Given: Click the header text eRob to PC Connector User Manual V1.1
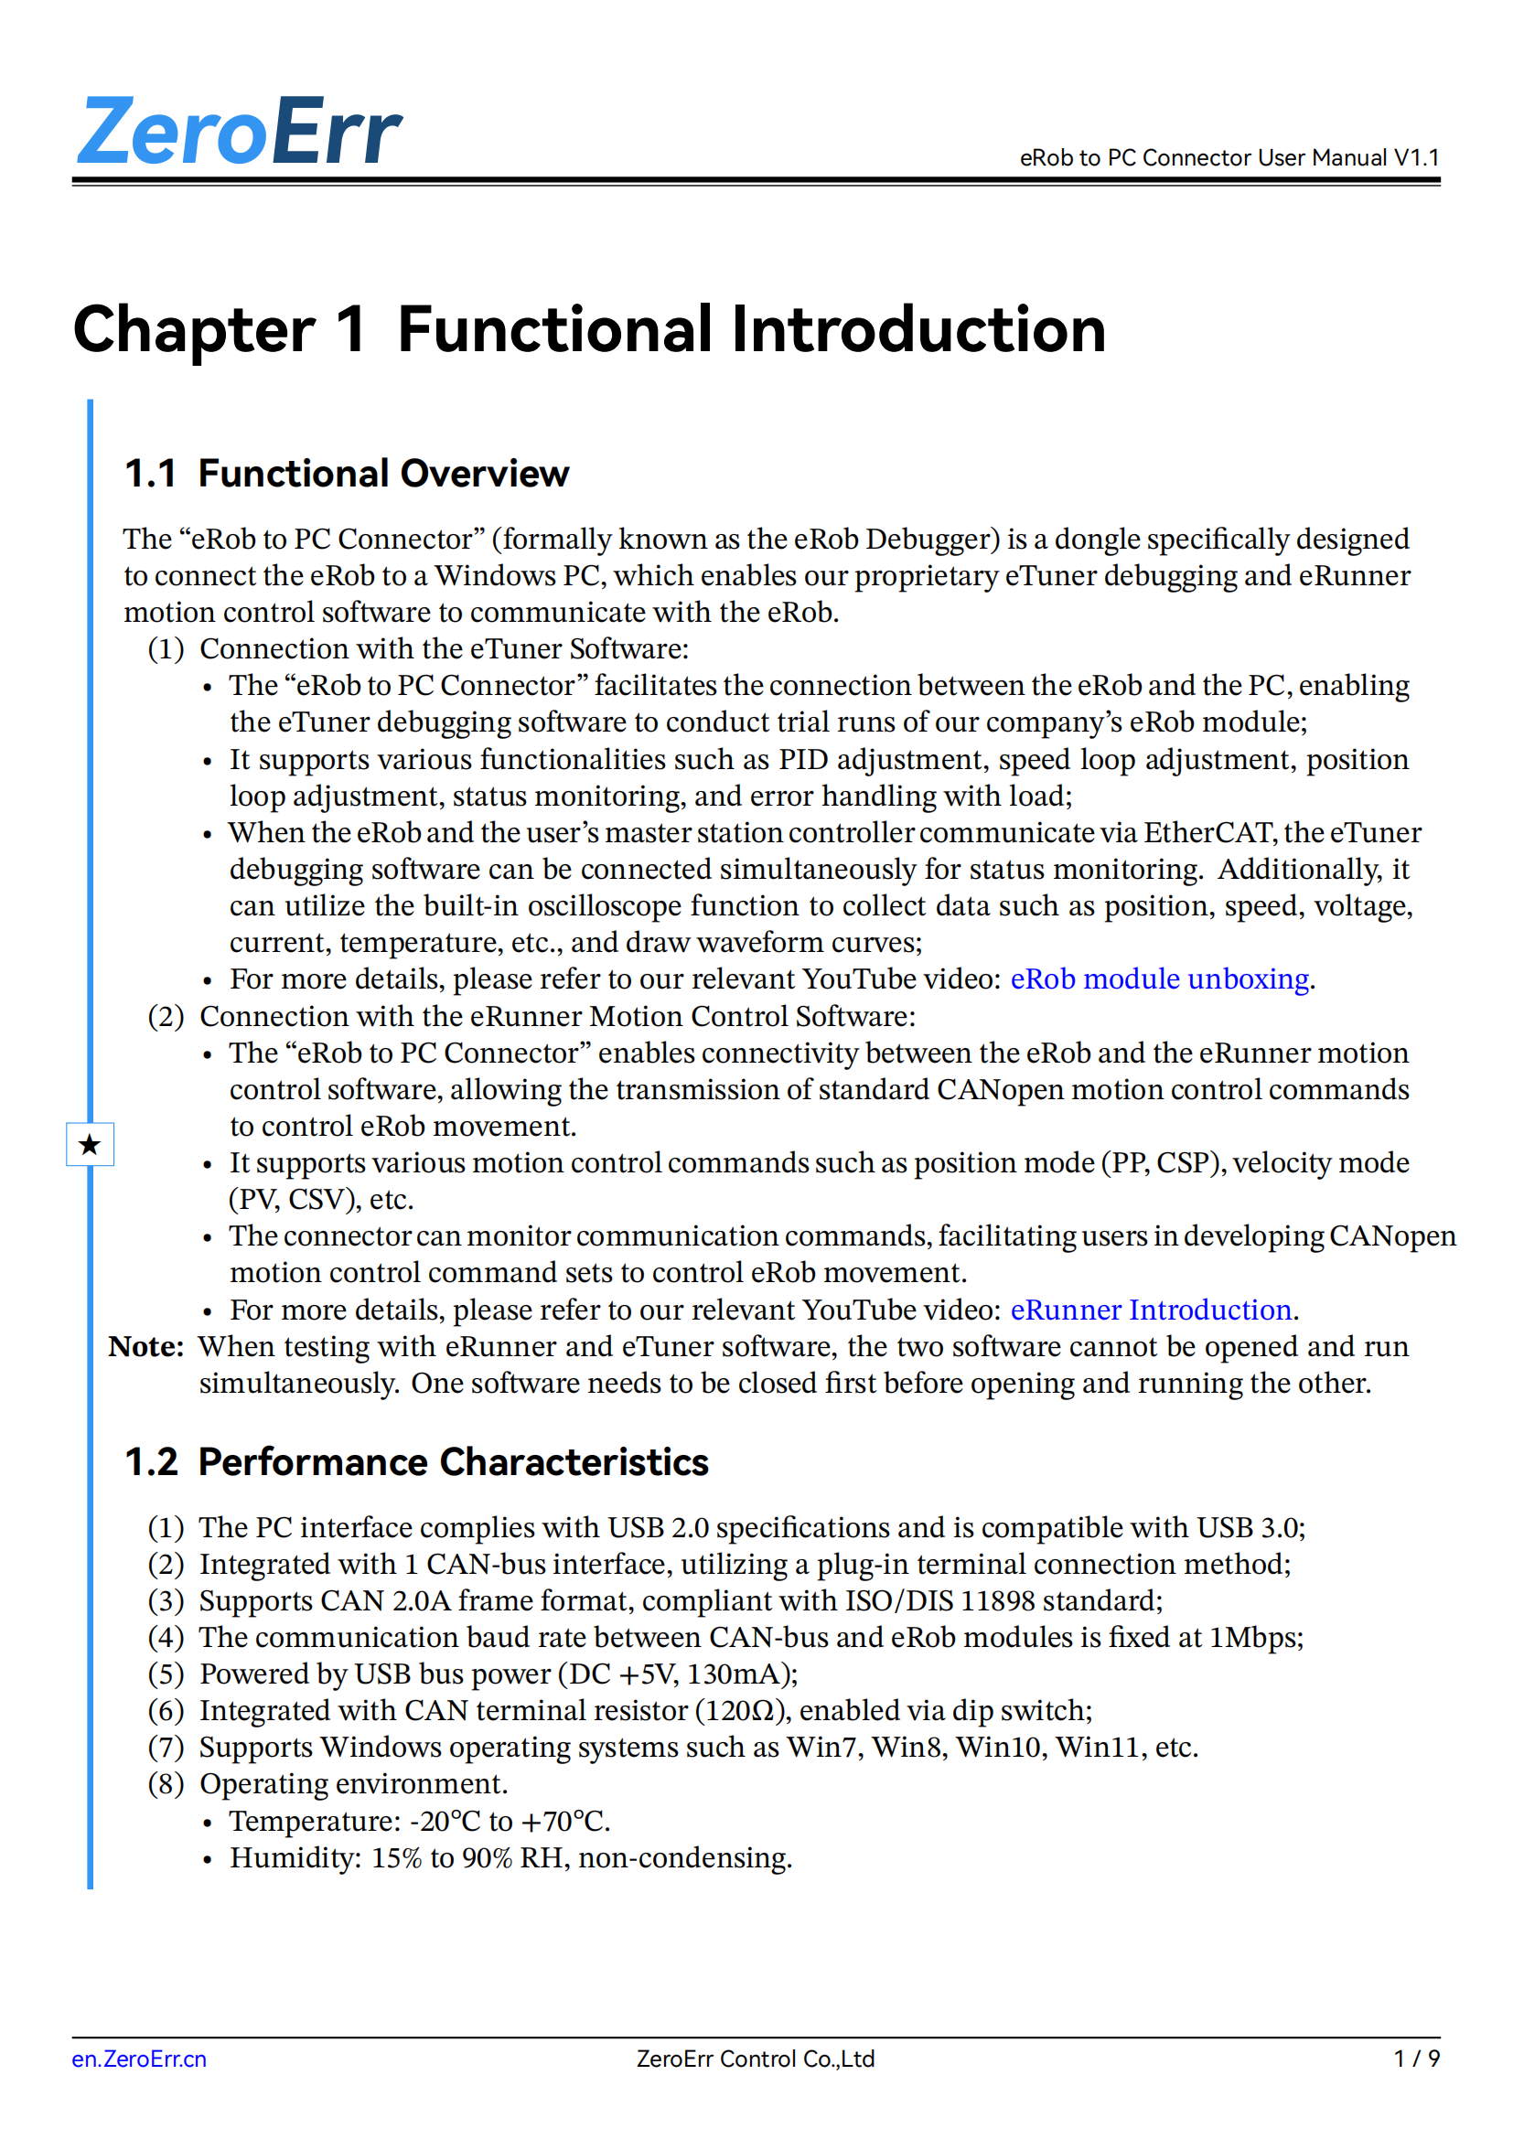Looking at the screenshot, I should (1229, 157).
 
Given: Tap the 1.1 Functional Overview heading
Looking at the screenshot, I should (347, 474).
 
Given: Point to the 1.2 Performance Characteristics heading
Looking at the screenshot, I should (416, 1461).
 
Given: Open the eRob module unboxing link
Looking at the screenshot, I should (1160, 979).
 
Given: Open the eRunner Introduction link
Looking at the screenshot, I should (1151, 1310).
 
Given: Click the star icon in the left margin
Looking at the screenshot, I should (90, 1144).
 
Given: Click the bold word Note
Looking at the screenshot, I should (145, 1347).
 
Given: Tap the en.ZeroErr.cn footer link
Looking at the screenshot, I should (139, 2059).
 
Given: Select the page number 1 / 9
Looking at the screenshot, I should (1416, 2059).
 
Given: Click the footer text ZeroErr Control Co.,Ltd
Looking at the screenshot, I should (756, 2059).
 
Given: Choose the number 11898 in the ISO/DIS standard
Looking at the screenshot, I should (997, 1600).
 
